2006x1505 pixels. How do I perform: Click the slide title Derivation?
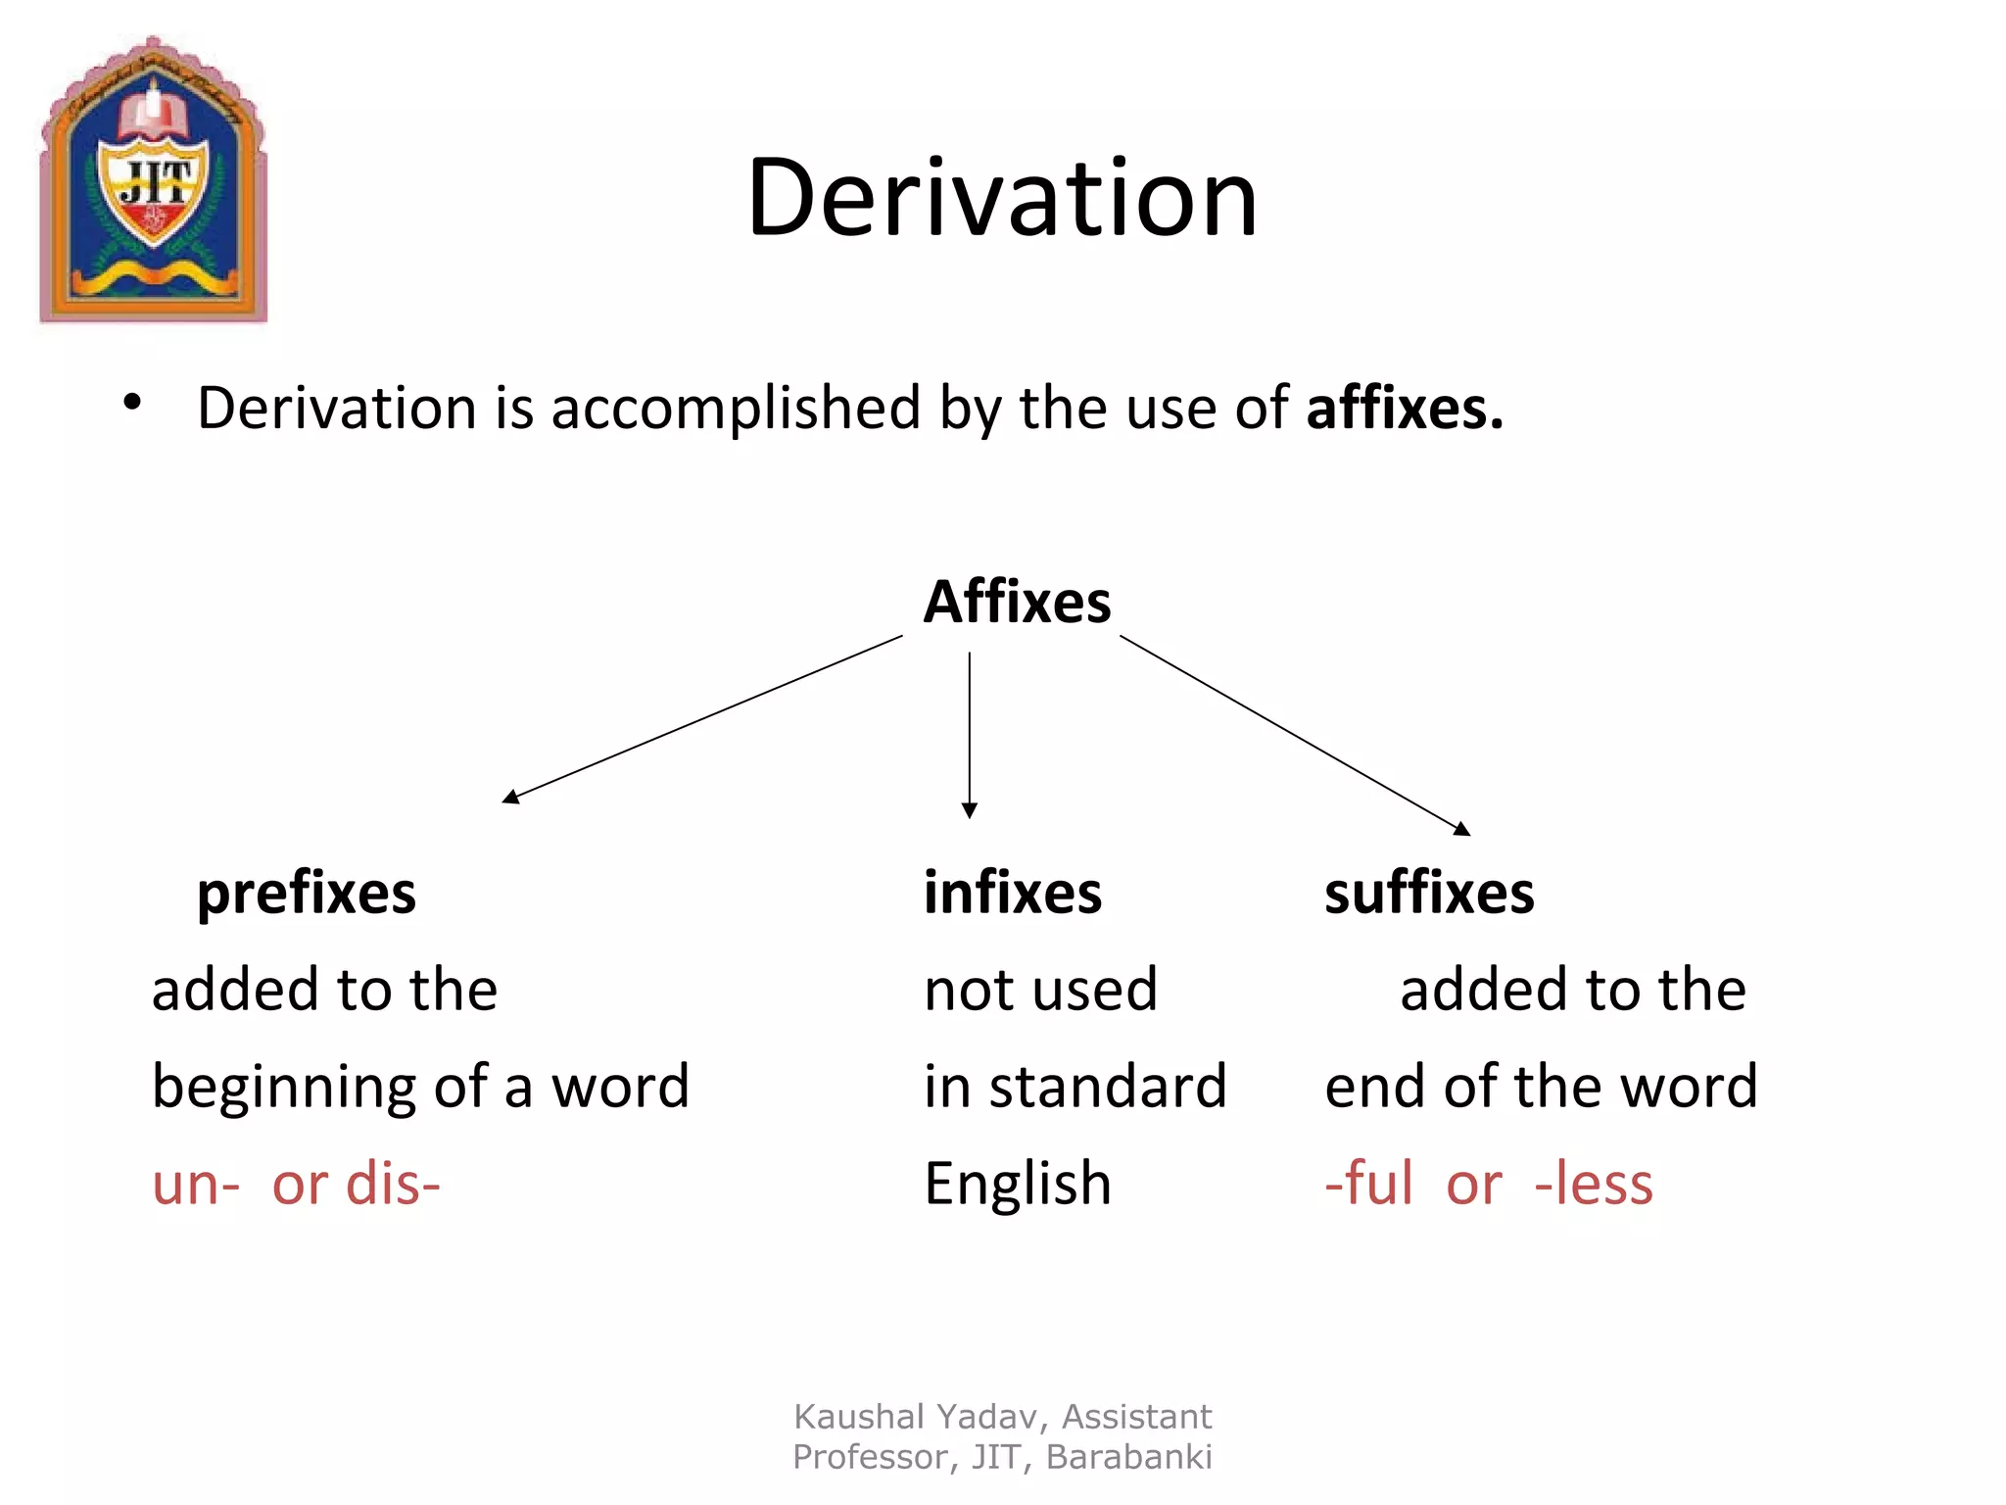point(1002,198)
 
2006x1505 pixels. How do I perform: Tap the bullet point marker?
point(133,403)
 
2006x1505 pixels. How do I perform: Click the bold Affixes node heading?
point(1017,602)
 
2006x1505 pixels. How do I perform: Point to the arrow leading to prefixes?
point(701,719)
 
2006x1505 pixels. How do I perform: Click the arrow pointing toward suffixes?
point(1294,735)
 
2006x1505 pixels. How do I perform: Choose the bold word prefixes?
point(307,894)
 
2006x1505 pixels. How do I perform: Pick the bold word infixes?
point(1013,894)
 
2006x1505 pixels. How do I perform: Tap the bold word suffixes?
point(1429,894)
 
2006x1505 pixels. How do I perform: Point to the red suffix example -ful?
point(1369,1184)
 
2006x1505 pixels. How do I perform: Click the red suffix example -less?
point(1594,1184)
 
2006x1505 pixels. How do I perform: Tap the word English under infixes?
point(1018,1184)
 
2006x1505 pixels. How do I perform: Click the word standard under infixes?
point(1108,1088)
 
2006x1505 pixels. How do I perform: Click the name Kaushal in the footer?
point(858,1417)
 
